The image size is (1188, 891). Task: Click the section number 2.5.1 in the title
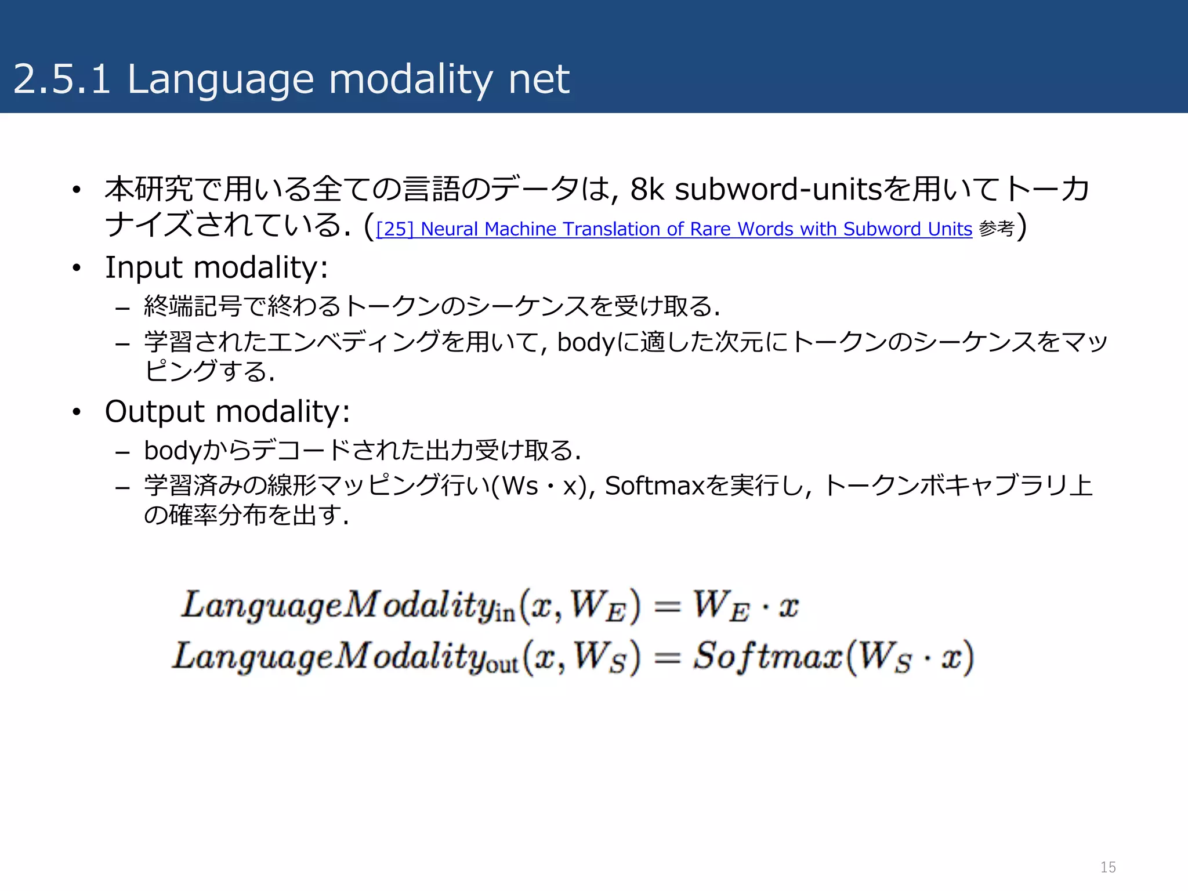pos(61,79)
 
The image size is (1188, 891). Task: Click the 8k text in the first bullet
pos(647,189)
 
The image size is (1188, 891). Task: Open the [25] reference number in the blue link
pos(395,229)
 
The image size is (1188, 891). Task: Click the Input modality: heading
pos(216,268)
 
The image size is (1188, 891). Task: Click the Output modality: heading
pos(227,412)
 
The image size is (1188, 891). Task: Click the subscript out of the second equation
pos(502,665)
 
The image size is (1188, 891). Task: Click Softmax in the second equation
pos(767,657)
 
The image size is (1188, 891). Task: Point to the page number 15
pos(1108,867)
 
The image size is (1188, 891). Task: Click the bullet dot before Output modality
pos(77,412)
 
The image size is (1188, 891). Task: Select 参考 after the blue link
pos(996,229)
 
